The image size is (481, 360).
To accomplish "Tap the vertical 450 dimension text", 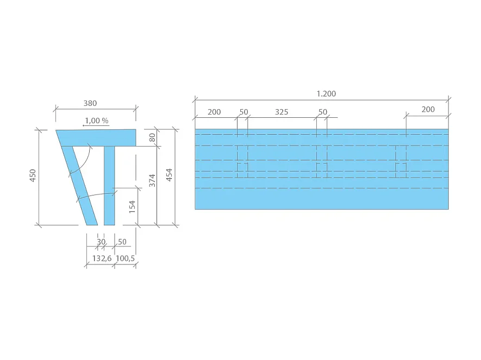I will [33, 175].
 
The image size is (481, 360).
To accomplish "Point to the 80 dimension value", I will [153, 138].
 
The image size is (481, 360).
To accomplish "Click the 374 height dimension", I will [153, 180].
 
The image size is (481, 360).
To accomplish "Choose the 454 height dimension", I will [170, 175].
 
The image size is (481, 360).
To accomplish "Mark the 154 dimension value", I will [133, 207].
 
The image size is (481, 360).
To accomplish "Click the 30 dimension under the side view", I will [101, 242].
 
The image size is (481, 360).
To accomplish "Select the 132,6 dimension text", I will [102, 258].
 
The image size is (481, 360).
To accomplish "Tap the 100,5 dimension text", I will [126, 258].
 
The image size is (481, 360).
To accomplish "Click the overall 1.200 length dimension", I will [326, 93].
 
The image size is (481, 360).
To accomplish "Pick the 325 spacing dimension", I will [282, 112].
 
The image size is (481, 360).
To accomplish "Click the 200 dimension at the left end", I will [214, 112].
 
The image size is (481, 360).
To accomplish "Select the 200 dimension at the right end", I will [428, 109].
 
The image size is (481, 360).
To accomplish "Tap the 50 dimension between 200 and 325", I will [243, 112].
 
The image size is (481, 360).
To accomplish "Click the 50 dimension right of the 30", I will [122, 242].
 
